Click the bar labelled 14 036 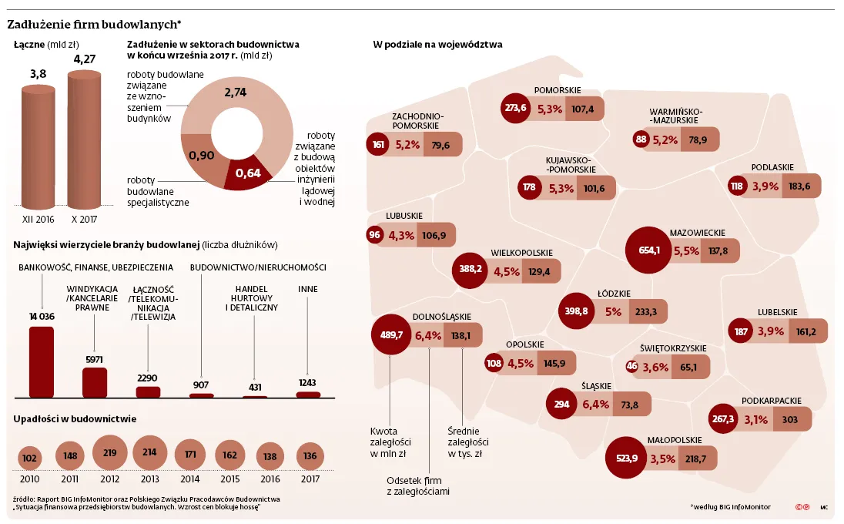click(x=41, y=361)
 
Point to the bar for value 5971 click(x=95, y=381)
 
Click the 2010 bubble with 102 click(x=30, y=457)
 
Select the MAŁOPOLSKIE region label click(x=675, y=440)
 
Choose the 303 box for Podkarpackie click(x=790, y=419)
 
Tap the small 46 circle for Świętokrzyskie click(x=632, y=367)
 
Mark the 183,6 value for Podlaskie click(x=800, y=186)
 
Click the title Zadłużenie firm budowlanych click(x=94, y=25)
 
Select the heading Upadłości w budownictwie click(x=75, y=418)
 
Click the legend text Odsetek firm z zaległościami click(x=418, y=485)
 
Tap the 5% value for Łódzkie click(x=613, y=312)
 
